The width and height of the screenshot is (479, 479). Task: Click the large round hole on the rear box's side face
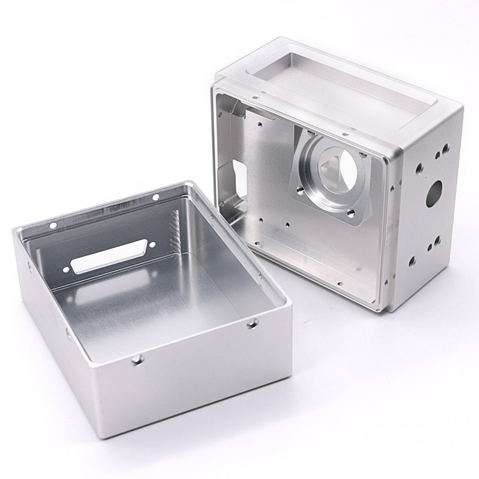click(x=434, y=191)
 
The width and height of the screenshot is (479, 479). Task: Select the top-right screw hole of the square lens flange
click(x=361, y=155)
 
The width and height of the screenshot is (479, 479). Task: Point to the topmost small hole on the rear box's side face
click(x=446, y=147)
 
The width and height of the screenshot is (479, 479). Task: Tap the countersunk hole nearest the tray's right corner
click(x=252, y=325)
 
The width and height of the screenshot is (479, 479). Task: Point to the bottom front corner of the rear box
click(x=385, y=312)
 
